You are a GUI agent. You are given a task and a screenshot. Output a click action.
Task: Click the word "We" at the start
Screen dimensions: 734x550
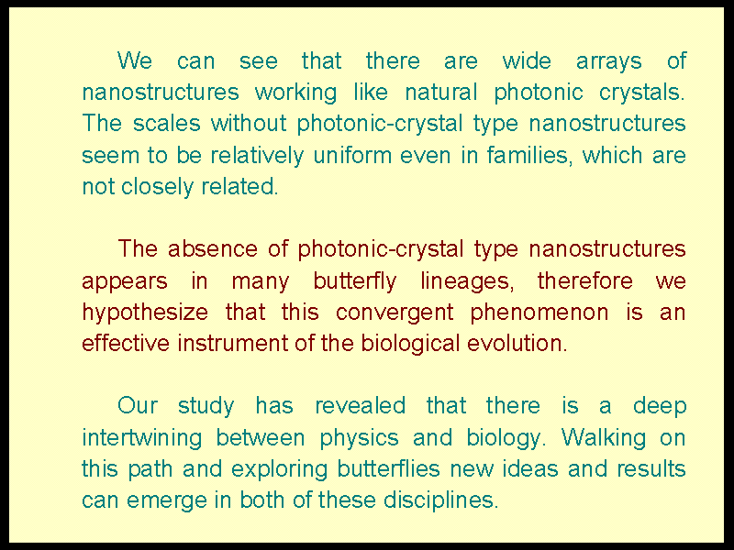pyautogui.click(x=135, y=60)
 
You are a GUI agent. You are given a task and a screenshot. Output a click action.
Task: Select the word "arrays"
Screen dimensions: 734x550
pyautogui.click(x=608, y=62)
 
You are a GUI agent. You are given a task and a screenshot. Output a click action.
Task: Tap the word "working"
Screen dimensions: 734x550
pyautogui.click(x=295, y=93)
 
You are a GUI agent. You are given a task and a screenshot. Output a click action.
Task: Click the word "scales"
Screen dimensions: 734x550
pyautogui.click(x=167, y=124)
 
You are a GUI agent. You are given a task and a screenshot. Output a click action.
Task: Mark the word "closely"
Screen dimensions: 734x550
pyautogui.click(x=157, y=188)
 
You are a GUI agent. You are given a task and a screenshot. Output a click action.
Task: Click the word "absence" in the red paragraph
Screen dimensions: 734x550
pyautogui.click(x=213, y=248)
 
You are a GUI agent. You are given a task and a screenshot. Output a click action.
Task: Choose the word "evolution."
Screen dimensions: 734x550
pyautogui.click(x=517, y=344)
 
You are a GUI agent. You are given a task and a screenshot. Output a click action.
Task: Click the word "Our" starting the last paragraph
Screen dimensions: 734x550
pyautogui.click(x=137, y=406)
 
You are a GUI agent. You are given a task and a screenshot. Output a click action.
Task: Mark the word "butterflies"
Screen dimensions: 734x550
pyautogui.click(x=388, y=469)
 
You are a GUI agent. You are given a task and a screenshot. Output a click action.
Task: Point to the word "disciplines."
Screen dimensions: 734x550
pyautogui.click(x=441, y=500)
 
